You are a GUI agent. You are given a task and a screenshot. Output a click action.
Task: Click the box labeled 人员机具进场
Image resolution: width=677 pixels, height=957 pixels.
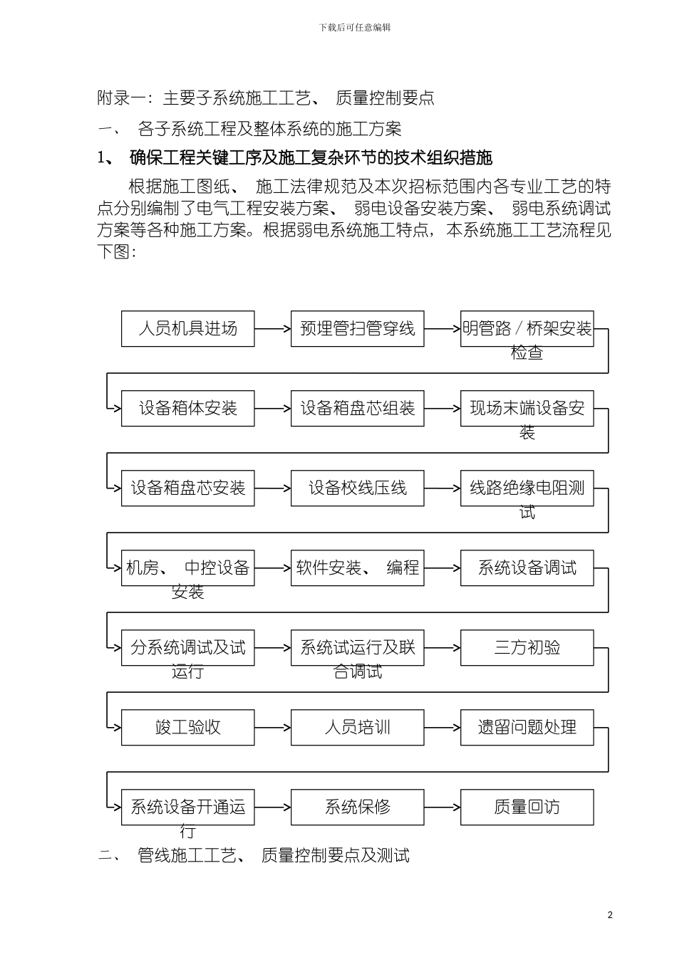pyautogui.click(x=187, y=328)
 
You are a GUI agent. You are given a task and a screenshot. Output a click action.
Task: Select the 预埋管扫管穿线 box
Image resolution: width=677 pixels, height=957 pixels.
pyautogui.click(x=357, y=328)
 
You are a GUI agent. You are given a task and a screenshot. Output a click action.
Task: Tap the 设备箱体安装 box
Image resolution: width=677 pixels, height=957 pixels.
pyautogui.click(x=187, y=408)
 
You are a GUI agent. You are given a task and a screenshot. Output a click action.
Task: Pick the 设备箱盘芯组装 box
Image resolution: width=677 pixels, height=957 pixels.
pyautogui.click(x=357, y=408)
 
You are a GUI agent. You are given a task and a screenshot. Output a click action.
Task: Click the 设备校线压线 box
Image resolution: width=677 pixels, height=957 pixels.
pyautogui.click(x=357, y=488)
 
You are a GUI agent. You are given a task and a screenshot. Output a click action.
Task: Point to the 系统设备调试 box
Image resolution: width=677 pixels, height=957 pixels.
pyautogui.click(x=527, y=568)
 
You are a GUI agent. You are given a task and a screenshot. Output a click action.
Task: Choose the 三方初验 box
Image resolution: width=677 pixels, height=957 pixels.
pyautogui.click(x=527, y=647)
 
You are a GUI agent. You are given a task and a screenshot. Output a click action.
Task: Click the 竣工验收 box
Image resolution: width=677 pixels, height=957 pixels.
pyautogui.click(x=187, y=727)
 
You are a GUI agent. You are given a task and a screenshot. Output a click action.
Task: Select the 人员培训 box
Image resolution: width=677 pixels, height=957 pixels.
pyautogui.click(x=357, y=727)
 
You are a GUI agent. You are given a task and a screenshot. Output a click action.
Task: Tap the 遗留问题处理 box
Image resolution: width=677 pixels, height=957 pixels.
pyautogui.click(x=527, y=727)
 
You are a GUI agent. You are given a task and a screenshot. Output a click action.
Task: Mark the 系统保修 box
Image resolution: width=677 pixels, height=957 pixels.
pyautogui.click(x=357, y=807)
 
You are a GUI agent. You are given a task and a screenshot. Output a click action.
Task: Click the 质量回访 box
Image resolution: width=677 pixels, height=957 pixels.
pyautogui.click(x=527, y=807)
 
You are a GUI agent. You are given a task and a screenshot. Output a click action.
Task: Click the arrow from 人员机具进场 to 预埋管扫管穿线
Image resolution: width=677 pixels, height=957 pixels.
pyautogui.click(x=272, y=328)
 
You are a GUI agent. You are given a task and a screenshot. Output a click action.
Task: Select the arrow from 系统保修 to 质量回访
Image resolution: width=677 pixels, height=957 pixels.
pyautogui.click(x=442, y=807)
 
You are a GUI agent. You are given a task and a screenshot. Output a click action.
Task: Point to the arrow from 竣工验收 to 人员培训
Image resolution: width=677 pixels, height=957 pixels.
pyautogui.click(x=272, y=727)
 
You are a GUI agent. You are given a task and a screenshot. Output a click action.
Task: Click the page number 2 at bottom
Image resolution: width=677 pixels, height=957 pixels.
pyautogui.click(x=610, y=915)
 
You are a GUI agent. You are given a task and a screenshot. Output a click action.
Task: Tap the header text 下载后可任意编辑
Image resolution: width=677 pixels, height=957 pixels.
pyautogui.click(x=355, y=27)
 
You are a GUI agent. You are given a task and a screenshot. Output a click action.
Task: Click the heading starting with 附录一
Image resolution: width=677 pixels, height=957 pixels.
pyautogui.click(x=266, y=98)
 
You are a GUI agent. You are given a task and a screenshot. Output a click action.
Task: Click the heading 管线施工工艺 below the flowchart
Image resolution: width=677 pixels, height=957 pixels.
pyautogui.click(x=254, y=855)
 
